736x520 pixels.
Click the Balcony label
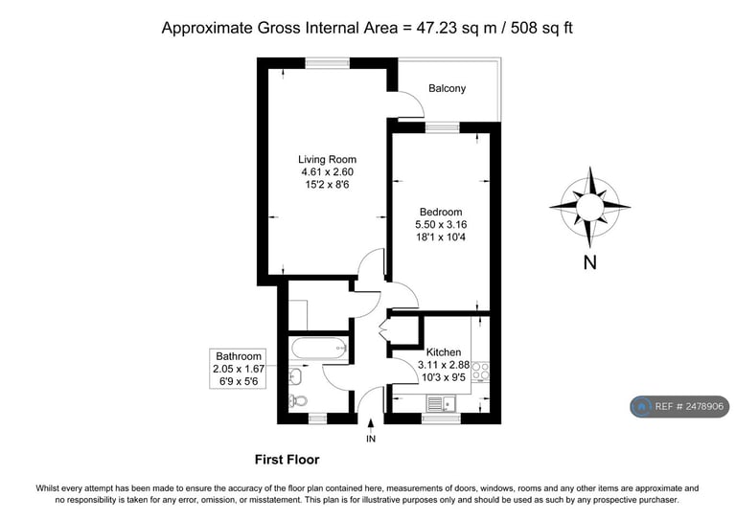point(447,88)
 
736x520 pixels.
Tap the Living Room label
point(327,159)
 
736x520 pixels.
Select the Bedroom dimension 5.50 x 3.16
point(441,225)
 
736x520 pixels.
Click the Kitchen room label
point(444,352)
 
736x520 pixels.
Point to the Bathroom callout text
point(239,369)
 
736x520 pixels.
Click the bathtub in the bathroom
point(319,349)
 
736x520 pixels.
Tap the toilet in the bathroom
point(298,401)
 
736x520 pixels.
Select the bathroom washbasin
point(296,375)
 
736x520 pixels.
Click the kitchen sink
point(441,403)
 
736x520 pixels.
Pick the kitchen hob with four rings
point(480,371)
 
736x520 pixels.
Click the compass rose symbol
point(590,207)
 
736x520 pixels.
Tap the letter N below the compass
point(590,262)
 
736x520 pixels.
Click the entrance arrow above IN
point(371,424)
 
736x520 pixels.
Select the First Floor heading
point(287,460)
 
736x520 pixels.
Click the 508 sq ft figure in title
point(541,28)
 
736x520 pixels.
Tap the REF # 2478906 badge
point(679,407)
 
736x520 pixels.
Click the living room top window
point(328,63)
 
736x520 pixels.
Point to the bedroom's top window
point(442,127)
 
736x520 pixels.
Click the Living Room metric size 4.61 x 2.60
point(327,172)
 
